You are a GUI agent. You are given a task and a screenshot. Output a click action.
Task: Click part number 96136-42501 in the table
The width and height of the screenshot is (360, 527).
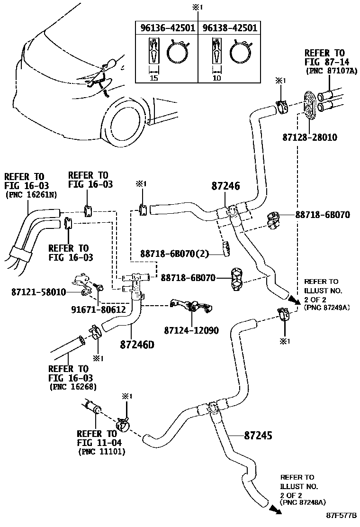coord(168,28)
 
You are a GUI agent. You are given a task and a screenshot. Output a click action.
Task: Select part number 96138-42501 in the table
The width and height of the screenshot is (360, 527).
coord(230,28)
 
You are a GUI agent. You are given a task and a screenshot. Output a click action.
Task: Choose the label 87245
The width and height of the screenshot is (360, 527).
coord(258,435)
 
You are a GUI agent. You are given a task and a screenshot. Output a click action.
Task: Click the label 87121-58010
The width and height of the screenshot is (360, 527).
coord(38,292)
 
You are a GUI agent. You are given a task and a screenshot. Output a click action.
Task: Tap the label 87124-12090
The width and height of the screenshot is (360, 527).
coord(191,330)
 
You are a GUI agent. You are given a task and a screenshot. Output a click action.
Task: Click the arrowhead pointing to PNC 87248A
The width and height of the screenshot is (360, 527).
coord(274,509)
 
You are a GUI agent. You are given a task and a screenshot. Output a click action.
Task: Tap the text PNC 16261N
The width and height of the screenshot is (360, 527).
coord(30,195)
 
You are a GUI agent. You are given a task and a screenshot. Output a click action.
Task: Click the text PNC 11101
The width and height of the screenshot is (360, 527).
coord(101,452)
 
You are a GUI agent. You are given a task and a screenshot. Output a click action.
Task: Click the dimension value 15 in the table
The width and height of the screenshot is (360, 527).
coord(153,78)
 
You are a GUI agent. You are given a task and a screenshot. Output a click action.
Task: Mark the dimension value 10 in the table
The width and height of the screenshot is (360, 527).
coord(216,78)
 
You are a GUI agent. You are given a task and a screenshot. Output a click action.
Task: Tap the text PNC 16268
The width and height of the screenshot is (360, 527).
coord(73,387)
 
